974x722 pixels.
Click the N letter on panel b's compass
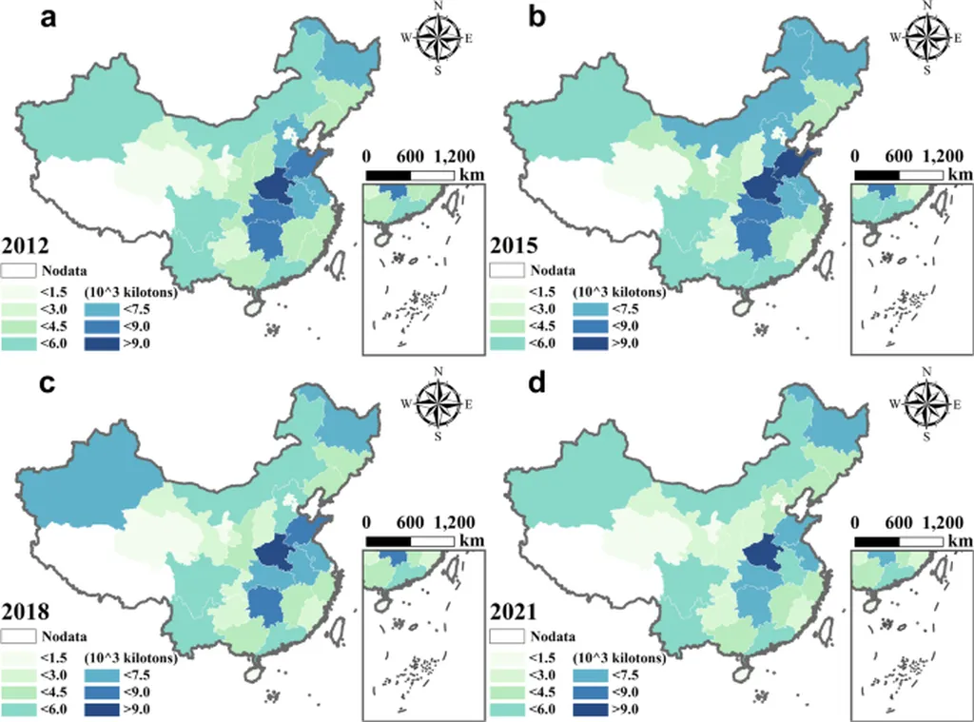(x=925, y=7)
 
